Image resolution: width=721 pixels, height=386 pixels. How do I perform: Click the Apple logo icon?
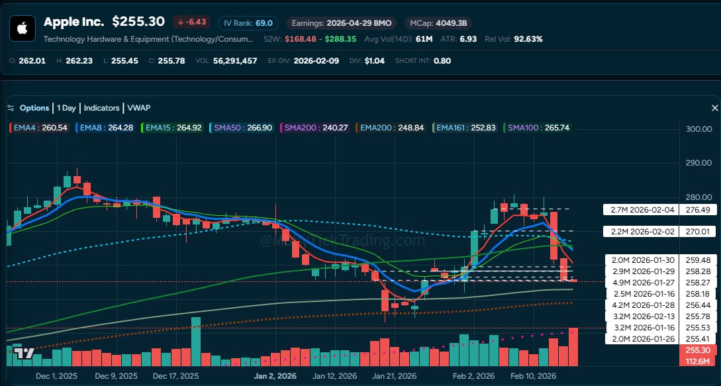click(x=22, y=28)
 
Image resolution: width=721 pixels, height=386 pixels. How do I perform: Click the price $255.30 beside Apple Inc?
click(x=138, y=22)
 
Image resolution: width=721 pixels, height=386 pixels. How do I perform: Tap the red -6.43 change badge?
click(x=192, y=22)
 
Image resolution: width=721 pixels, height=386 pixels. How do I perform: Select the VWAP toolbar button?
click(x=138, y=108)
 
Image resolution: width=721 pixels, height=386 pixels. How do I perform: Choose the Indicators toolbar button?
click(x=101, y=108)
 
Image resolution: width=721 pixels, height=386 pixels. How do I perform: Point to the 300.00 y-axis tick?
click(x=700, y=129)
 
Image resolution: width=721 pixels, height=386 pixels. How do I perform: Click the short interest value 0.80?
click(x=442, y=60)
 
